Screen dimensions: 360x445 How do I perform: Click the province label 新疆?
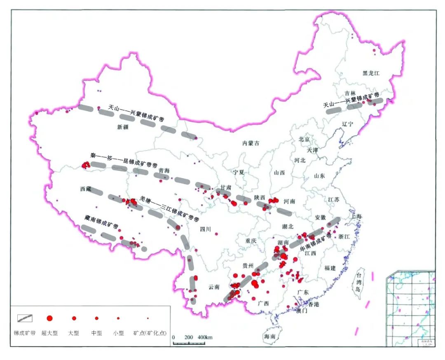[x=123, y=127]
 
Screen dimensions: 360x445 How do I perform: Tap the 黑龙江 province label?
[x=370, y=73]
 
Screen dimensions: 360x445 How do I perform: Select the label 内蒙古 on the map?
[x=251, y=143]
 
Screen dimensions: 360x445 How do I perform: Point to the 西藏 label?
[x=85, y=188]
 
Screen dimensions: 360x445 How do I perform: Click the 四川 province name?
[x=205, y=230]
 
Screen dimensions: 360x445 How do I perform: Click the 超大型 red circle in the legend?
[x=49, y=318]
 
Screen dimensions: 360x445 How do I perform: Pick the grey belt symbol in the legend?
[x=25, y=318]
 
